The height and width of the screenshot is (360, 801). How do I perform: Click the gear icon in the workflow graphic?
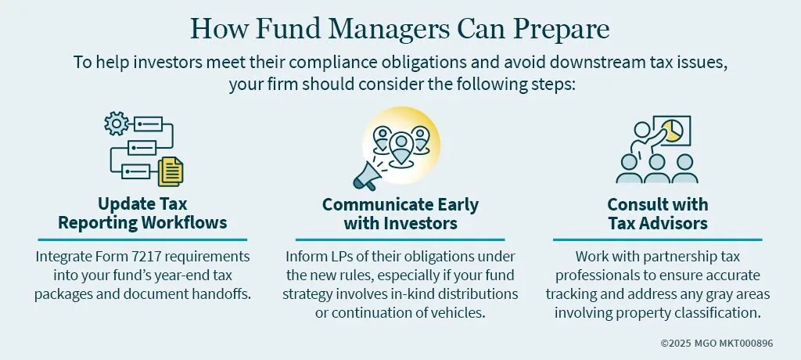[x=117, y=123]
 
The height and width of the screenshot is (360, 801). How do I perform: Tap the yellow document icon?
[x=170, y=172]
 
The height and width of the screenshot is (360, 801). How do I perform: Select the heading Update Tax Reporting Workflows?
[x=142, y=214]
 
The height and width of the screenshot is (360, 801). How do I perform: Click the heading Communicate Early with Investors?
[x=400, y=214]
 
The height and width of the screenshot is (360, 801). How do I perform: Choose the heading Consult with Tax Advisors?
[x=658, y=214]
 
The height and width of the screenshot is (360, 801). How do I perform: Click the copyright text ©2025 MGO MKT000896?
[x=717, y=343]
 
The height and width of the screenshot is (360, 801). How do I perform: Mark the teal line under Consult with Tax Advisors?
[x=657, y=239]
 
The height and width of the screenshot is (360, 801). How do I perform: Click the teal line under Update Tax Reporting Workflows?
[x=142, y=239]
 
